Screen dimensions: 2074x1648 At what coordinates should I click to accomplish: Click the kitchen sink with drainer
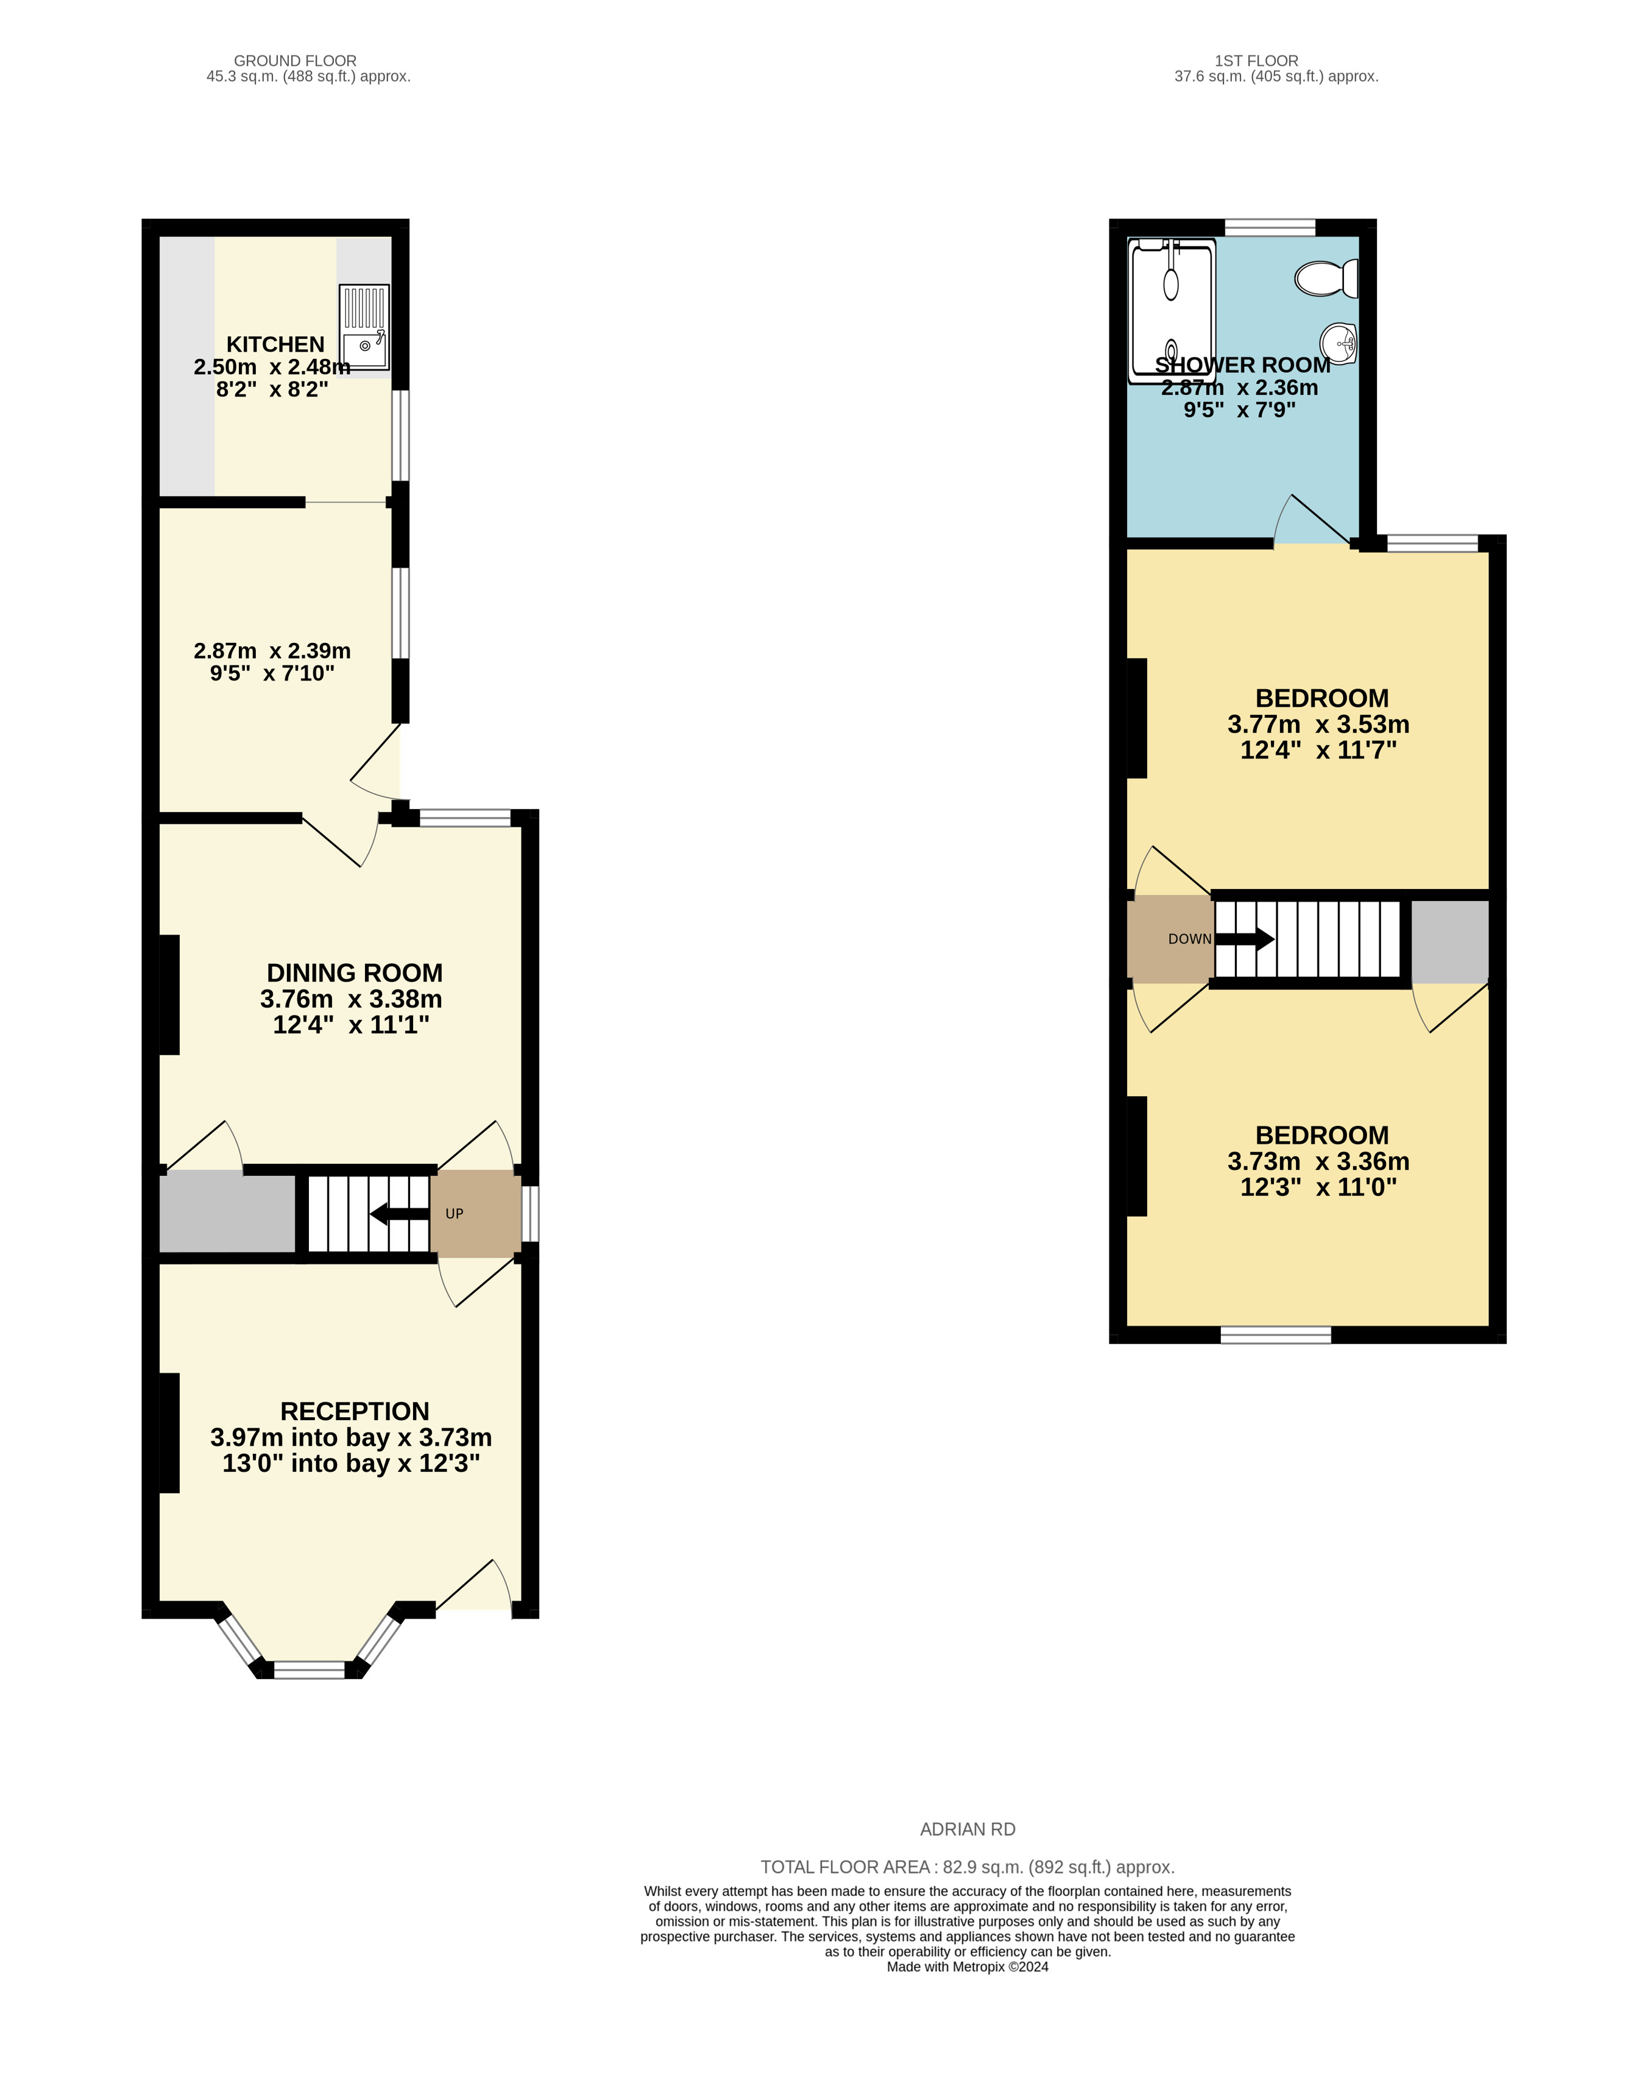[364, 327]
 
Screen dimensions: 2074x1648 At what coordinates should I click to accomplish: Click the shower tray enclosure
[1171, 310]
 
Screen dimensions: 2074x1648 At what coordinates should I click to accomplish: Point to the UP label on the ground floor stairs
[454, 1214]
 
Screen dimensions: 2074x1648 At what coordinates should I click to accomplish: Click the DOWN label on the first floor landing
[1189, 939]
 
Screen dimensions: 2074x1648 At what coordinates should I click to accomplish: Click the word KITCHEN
[275, 344]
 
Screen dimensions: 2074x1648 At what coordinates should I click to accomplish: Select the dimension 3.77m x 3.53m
[1318, 724]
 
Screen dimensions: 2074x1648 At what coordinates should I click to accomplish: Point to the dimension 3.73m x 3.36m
[1318, 1161]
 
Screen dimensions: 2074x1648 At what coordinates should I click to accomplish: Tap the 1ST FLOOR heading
[1256, 60]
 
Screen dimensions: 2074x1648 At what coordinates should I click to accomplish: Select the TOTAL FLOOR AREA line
[967, 1867]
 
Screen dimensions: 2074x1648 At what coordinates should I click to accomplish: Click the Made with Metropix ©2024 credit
[967, 1967]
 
